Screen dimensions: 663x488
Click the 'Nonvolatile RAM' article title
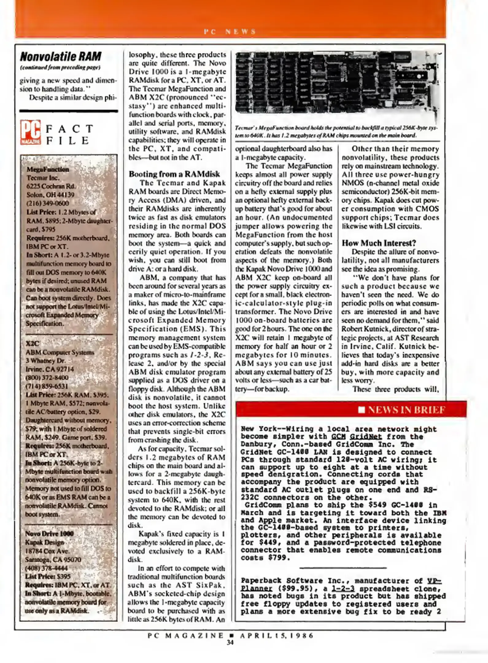coord(60,57)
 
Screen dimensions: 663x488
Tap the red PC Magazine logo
coord(30,133)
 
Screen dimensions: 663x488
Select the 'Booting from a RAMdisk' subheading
coord(174,174)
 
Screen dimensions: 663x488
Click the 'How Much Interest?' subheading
coord(379,243)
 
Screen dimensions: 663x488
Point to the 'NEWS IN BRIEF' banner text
coord(406,410)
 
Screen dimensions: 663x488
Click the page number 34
coord(230,642)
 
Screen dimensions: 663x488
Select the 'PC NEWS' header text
coord(230,31)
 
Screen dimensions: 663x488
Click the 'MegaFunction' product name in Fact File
coord(48,169)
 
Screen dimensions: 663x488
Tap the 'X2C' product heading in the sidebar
coord(32,343)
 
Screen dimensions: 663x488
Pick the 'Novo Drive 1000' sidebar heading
coord(49,533)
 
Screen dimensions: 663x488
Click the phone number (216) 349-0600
coord(48,203)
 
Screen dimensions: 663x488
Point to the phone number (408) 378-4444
coord(46,568)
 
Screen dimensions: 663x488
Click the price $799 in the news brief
coord(279,558)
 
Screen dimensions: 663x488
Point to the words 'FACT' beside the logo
coord(69,129)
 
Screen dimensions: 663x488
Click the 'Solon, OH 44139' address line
coord(50,195)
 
